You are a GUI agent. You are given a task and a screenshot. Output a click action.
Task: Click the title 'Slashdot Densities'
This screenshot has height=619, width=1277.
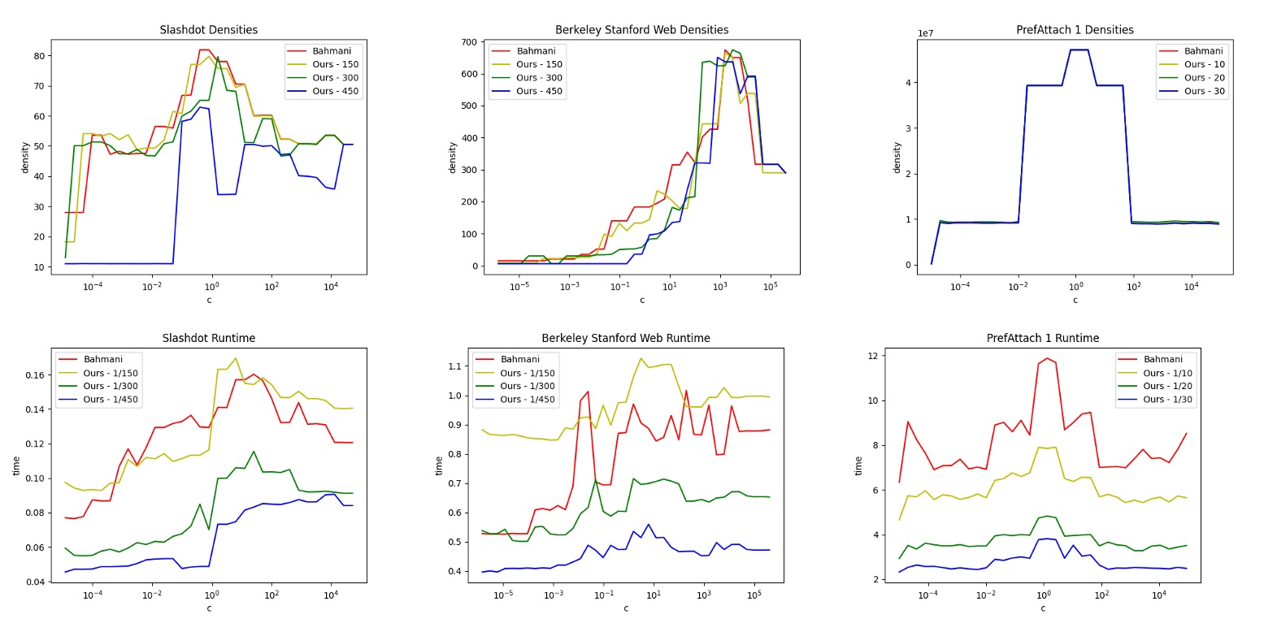coord(208,30)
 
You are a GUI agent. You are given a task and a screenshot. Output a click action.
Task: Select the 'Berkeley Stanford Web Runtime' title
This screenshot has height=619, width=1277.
coord(625,338)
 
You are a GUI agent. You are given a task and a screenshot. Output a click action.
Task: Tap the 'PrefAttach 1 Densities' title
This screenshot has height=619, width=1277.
coord(1075,30)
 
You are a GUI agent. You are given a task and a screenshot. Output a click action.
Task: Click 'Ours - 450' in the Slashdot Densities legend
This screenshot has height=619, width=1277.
coord(335,91)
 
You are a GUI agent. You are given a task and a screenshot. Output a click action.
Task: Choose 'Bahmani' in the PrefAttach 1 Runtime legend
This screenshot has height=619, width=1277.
coord(1162,359)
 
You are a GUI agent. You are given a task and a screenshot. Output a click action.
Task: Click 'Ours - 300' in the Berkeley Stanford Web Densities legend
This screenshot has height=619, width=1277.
coord(539,78)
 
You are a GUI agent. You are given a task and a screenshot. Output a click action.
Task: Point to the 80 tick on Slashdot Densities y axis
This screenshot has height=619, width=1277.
coord(39,56)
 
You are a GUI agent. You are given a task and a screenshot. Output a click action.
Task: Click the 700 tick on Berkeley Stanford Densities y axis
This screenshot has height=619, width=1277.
coord(469,42)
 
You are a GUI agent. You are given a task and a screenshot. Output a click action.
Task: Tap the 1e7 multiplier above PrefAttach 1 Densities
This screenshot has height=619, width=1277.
coord(925,33)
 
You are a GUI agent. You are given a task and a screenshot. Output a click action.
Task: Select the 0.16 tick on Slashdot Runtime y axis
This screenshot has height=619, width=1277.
coord(34,375)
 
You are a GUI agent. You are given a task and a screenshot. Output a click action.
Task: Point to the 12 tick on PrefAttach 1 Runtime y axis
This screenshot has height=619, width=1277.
coord(872,356)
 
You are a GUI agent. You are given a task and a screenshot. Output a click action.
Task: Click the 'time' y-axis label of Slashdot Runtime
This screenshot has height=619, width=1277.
coord(16,465)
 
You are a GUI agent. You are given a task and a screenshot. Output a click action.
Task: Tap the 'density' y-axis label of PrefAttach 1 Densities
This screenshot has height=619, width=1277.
coord(897,158)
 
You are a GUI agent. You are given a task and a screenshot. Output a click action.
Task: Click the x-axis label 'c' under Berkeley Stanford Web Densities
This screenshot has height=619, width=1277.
coord(641,300)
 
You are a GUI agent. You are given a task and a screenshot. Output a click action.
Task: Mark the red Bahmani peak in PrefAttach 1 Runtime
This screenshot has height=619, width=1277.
coord(1047,358)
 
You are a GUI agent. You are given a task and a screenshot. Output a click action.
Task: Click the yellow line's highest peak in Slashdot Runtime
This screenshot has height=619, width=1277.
coord(235,358)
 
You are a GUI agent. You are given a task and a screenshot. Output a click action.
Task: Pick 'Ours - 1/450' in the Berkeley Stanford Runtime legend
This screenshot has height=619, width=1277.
coord(527,399)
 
